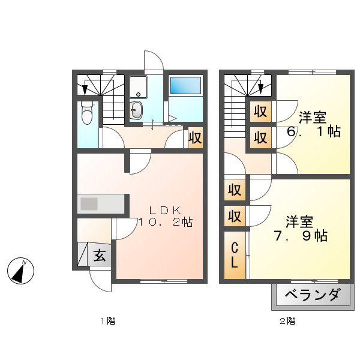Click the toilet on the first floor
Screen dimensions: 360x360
coord(87,113)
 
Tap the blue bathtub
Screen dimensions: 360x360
coord(186,85)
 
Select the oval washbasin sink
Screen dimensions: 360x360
coord(136,110)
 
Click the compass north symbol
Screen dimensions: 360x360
coord(20,271)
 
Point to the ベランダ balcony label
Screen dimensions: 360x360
coord(313,295)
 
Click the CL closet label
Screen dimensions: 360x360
coord(234,256)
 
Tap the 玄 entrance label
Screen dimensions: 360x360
coord(100,255)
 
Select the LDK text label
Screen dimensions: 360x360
coord(165,210)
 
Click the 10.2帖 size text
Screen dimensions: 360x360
coord(166,222)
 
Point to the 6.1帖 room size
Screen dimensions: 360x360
coord(314,131)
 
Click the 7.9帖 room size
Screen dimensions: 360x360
coord(301,236)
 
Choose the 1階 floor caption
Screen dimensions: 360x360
coord(108,321)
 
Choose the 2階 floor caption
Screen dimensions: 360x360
coord(287,321)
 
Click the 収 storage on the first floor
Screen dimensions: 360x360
coord(196,137)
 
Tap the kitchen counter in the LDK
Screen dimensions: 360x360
coord(101,203)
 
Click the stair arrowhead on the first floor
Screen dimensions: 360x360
coord(85,89)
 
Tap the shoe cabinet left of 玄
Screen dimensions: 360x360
coord(83,254)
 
